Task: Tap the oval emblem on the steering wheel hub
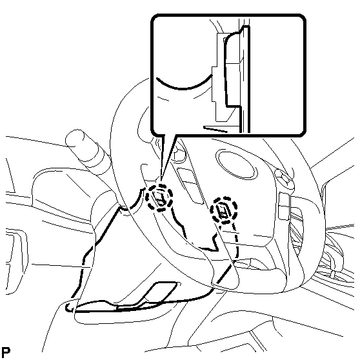(237, 165)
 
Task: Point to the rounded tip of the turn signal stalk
(75, 137)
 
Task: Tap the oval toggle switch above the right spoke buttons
(284, 179)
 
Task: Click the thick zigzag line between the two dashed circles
(195, 232)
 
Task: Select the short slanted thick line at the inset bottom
(215, 129)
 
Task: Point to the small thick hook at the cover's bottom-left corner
(69, 308)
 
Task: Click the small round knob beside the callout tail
(179, 152)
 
